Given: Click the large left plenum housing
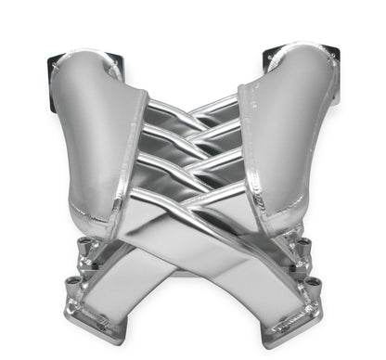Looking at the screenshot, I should (93, 130).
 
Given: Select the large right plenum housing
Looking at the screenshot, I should (288, 130).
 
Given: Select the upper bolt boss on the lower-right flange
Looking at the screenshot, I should (302, 244).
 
